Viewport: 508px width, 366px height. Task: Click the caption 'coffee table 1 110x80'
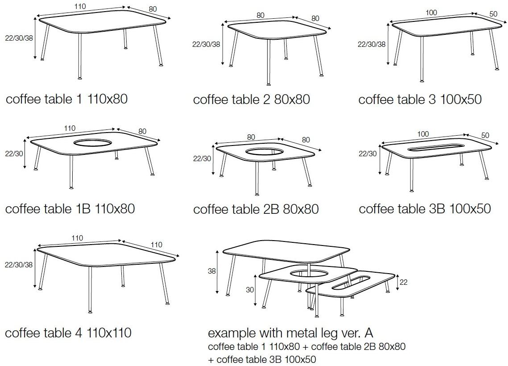coord(67,99)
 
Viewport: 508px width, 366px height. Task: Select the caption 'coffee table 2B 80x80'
coord(256,209)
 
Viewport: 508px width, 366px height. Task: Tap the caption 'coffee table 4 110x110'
coord(68,333)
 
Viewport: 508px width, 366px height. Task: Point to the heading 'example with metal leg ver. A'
coord(291,333)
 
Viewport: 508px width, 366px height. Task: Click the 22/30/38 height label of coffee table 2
coord(206,44)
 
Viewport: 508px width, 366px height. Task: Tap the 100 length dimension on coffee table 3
coord(431,12)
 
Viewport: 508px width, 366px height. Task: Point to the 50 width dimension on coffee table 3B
coord(485,135)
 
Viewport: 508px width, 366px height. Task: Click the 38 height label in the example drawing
coord(211,270)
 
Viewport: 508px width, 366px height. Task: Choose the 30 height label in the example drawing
coord(249,290)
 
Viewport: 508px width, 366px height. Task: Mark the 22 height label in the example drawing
coord(403,283)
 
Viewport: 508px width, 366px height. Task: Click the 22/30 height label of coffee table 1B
coord(14,154)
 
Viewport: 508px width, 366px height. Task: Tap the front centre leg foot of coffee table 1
coord(80,78)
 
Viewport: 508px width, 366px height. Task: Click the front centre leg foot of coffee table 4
coord(90,312)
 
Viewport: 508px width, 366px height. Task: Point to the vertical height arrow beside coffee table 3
coord(388,44)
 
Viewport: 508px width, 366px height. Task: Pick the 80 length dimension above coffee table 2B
coord(251,137)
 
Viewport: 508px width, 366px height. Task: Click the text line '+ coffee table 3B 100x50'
coord(262,359)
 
